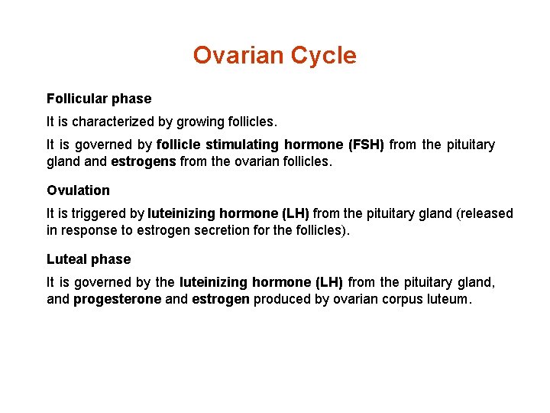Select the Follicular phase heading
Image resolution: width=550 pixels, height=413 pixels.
(99, 99)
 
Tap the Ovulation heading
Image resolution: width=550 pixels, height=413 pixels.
(78, 190)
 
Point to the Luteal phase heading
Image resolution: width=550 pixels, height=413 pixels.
(89, 259)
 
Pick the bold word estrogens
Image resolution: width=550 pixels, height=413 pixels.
(143, 162)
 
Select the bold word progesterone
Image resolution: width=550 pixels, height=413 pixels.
(117, 300)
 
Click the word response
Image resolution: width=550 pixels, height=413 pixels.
(87, 231)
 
